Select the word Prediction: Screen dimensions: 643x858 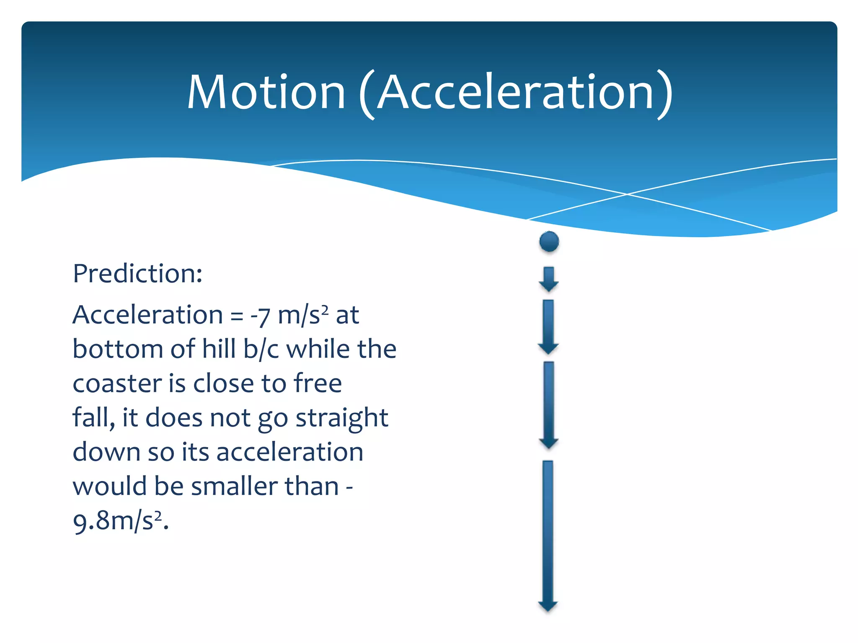pyautogui.click(x=137, y=274)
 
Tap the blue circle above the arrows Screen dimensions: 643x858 pyautogui.click(x=549, y=242)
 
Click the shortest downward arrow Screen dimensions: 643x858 pyautogui.click(x=548, y=279)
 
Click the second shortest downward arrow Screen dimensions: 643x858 pyautogui.click(x=548, y=327)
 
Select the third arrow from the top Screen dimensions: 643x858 pyautogui.click(x=549, y=405)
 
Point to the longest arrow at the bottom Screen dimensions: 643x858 pyautogui.click(x=548, y=536)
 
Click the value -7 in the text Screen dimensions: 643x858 pyautogui.click(x=260, y=315)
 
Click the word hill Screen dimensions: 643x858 pyautogui.click(x=219, y=349)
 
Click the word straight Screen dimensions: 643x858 pyautogui.click(x=342, y=419)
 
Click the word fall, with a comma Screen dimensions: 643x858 pyautogui.click(x=93, y=418)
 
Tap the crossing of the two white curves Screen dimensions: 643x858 pyautogui.click(x=627, y=194)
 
